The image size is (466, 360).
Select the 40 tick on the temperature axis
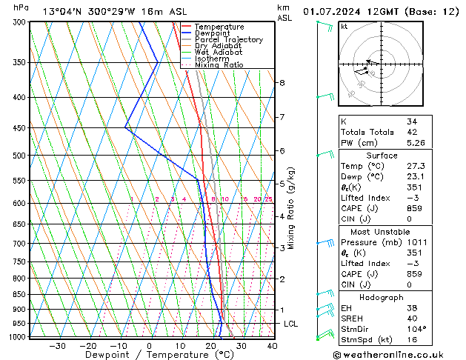click(272, 345)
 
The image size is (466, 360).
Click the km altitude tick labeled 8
click(282, 83)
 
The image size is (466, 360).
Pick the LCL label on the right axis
click(291, 324)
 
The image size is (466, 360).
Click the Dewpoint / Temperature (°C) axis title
click(148, 355)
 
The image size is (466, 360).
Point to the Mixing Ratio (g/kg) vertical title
click(292, 208)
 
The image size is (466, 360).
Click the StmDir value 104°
click(416, 329)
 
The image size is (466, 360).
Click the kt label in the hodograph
click(344, 26)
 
